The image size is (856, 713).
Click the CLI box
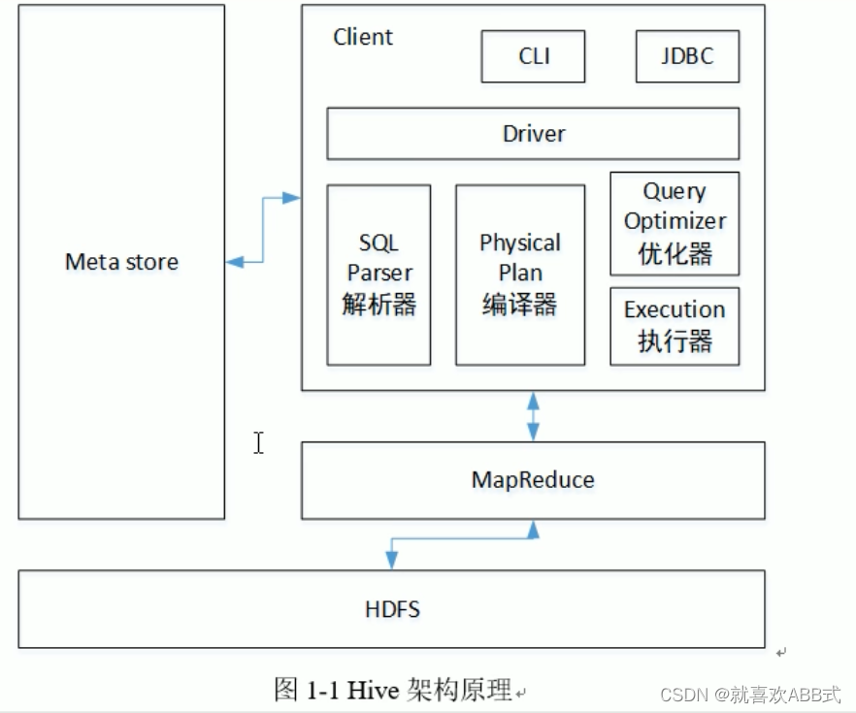[533, 56]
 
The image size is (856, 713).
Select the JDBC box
[687, 56]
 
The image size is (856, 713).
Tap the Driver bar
[533, 134]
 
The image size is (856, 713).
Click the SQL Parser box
[379, 275]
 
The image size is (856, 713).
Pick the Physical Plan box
[520, 275]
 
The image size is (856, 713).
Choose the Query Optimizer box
[675, 223]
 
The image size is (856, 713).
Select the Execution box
[675, 326]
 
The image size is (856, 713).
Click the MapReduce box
[533, 480]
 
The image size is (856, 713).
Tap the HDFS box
[392, 609]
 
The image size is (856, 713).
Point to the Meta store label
[121, 262]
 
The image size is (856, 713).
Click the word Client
[363, 38]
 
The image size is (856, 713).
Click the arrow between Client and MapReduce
[532, 416]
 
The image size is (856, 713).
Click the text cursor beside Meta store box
[259, 442]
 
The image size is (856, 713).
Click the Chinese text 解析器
[379, 305]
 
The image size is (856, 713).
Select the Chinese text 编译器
[520, 305]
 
